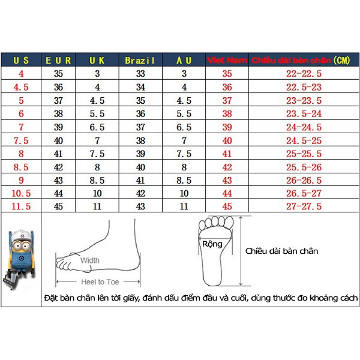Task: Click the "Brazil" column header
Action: pyautogui.click(x=140, y=61)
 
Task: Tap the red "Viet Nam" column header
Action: pyautogui.click(x=227, y=61)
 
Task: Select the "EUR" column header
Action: pyautogui.click(x=58, y=61)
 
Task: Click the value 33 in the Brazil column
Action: pyautogui.click(x=140, y=74)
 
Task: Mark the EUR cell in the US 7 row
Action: pyautogui.click(x=58, y=127)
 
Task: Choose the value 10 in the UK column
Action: pyautogui.click(x=97, y=193)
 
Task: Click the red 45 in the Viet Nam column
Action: pyautogui.click(x=227, y=206)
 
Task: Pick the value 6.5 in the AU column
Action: pyautogui.click(x=184, y=127)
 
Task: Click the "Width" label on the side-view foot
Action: pyautogui.click(x=90, y=260)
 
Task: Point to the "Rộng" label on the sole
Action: pyautogui.click(x=212, y=244)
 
